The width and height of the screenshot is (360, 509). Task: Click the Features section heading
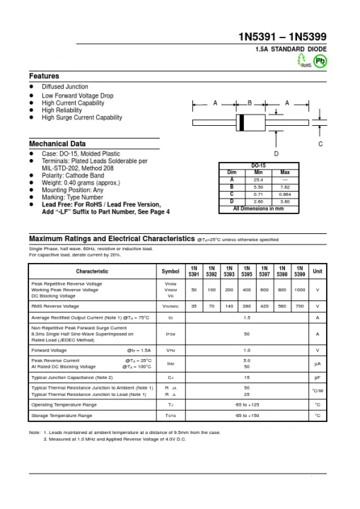tap(44, 76)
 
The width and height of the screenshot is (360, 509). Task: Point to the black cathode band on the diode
tap(243, 122)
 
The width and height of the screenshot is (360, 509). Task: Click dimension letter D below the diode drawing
tap(276, 153)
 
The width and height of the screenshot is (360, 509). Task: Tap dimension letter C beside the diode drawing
tap(320, 144)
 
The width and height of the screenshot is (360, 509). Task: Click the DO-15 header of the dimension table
tap(259, 166)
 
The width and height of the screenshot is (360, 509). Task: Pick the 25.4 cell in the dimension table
tap(258, 180)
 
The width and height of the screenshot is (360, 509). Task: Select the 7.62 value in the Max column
tap(285, 187)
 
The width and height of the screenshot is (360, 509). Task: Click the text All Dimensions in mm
tap(259, 209)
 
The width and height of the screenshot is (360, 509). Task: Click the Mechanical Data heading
tap(57, 144)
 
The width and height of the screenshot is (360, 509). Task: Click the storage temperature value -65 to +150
tap(247, 416)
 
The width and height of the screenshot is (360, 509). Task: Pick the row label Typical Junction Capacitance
tap(73, 378)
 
